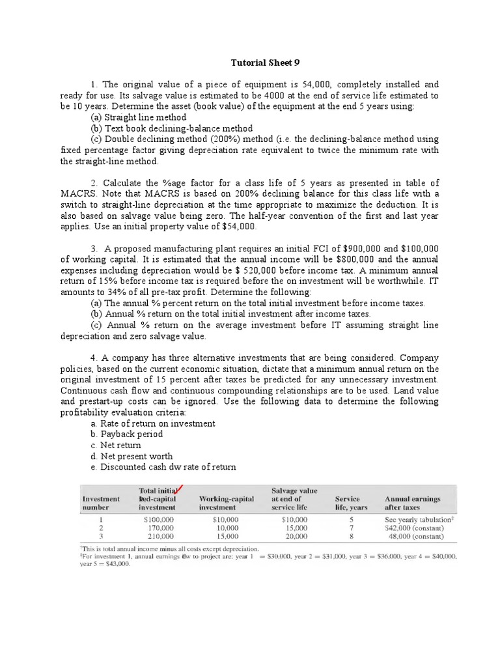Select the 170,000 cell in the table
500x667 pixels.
click(x=160, y=528)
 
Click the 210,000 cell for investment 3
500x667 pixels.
click(x=160, y=537)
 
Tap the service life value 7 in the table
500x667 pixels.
click(x=352, y=528)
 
